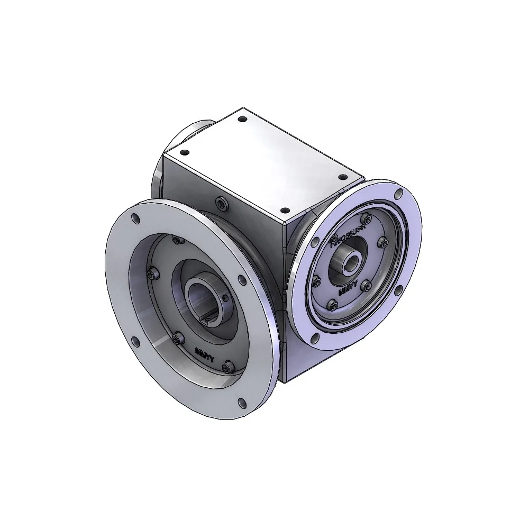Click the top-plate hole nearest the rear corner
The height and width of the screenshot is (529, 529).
(242, 120)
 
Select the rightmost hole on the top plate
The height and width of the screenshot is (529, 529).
(342, 177)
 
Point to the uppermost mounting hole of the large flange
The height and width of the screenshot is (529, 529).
(136, 218)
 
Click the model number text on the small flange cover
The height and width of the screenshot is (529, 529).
(348, 236)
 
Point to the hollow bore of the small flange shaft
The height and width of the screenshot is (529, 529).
(351, 261)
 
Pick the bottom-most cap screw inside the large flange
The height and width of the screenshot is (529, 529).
(227, 368)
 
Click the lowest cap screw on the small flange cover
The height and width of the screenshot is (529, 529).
(332, 305)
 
